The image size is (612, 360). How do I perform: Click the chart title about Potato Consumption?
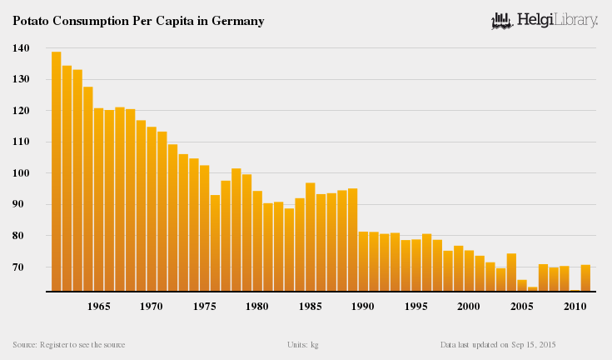[x=138, y=21]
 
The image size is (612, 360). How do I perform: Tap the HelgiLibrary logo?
[x=545, y=20]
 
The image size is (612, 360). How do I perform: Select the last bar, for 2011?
[x=585, y=278]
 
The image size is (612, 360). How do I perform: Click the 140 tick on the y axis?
[x=21, y=48]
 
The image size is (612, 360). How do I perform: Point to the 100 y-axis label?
[x=21, y=173]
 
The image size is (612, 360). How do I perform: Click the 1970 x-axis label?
[x=151, y=307]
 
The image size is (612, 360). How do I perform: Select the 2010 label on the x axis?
[x=575, y=307]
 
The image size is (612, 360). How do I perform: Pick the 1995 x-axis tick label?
[x=415, y=307]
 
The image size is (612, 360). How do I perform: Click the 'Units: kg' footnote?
[x=302, y=344]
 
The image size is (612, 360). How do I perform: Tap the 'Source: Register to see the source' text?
[x=69, y=344]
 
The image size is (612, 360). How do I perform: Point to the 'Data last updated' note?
[x=498, y=344]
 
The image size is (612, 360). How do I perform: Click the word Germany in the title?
[x=236, y=21]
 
